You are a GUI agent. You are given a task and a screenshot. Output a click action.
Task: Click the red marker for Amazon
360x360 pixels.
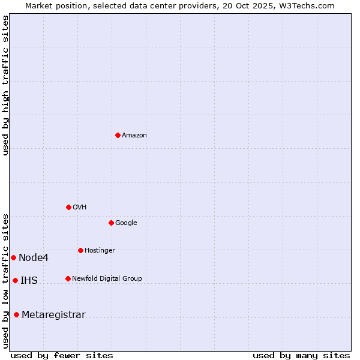point(118,135)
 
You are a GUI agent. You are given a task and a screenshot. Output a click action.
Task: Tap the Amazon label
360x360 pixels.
point(134,136)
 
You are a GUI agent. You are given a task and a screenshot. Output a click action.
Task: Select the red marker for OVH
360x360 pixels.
point(68,207)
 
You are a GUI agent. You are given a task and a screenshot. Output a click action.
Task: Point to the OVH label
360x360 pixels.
point(80,208)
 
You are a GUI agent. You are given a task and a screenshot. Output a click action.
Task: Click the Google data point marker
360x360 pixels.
point(111,223)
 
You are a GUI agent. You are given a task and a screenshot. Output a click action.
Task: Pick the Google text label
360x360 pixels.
point(126,223)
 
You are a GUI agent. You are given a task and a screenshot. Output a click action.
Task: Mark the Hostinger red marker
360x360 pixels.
point(80,250)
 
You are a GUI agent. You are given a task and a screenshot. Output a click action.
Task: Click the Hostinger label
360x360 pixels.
point(100,251)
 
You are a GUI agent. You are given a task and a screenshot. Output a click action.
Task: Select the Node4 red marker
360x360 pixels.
point(13,257)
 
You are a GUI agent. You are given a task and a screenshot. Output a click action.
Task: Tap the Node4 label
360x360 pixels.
point(34,258)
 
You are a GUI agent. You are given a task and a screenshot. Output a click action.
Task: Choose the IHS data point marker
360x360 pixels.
point(15,280)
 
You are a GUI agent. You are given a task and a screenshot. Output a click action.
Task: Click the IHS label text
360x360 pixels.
point(29,281)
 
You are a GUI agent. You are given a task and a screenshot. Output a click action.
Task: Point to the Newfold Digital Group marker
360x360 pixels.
point(68,278)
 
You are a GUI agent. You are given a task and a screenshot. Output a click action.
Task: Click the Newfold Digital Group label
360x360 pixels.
point(107,279)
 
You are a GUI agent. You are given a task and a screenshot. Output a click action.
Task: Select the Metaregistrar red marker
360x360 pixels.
point(16,314)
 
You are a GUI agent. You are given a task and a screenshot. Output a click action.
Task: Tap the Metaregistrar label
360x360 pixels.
point(53,315)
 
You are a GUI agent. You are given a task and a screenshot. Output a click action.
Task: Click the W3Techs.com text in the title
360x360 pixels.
point(310,6)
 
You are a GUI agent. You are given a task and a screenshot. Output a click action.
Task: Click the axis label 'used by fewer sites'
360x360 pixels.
point(62,355)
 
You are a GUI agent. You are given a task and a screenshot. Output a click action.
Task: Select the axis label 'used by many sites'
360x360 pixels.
point(301,355)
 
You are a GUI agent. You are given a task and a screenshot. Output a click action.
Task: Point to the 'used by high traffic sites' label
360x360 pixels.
point(5,85)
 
